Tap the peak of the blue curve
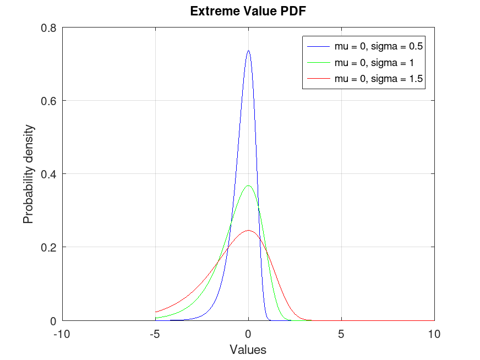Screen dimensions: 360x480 pos(248,51)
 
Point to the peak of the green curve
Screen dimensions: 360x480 pos(248,186)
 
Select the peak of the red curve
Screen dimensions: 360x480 pos(248,231)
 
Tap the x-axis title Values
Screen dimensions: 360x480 pos(248,350)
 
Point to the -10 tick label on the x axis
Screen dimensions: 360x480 pos(62,334)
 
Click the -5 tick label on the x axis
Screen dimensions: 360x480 pos(155,334)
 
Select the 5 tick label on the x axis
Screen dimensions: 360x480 pos(341,334)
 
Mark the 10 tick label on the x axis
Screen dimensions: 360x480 pos(434,334)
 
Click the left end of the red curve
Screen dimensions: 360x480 pos(156,312)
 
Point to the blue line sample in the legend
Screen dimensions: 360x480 pos(319,46)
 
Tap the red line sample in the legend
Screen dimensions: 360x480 pos(319,79)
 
